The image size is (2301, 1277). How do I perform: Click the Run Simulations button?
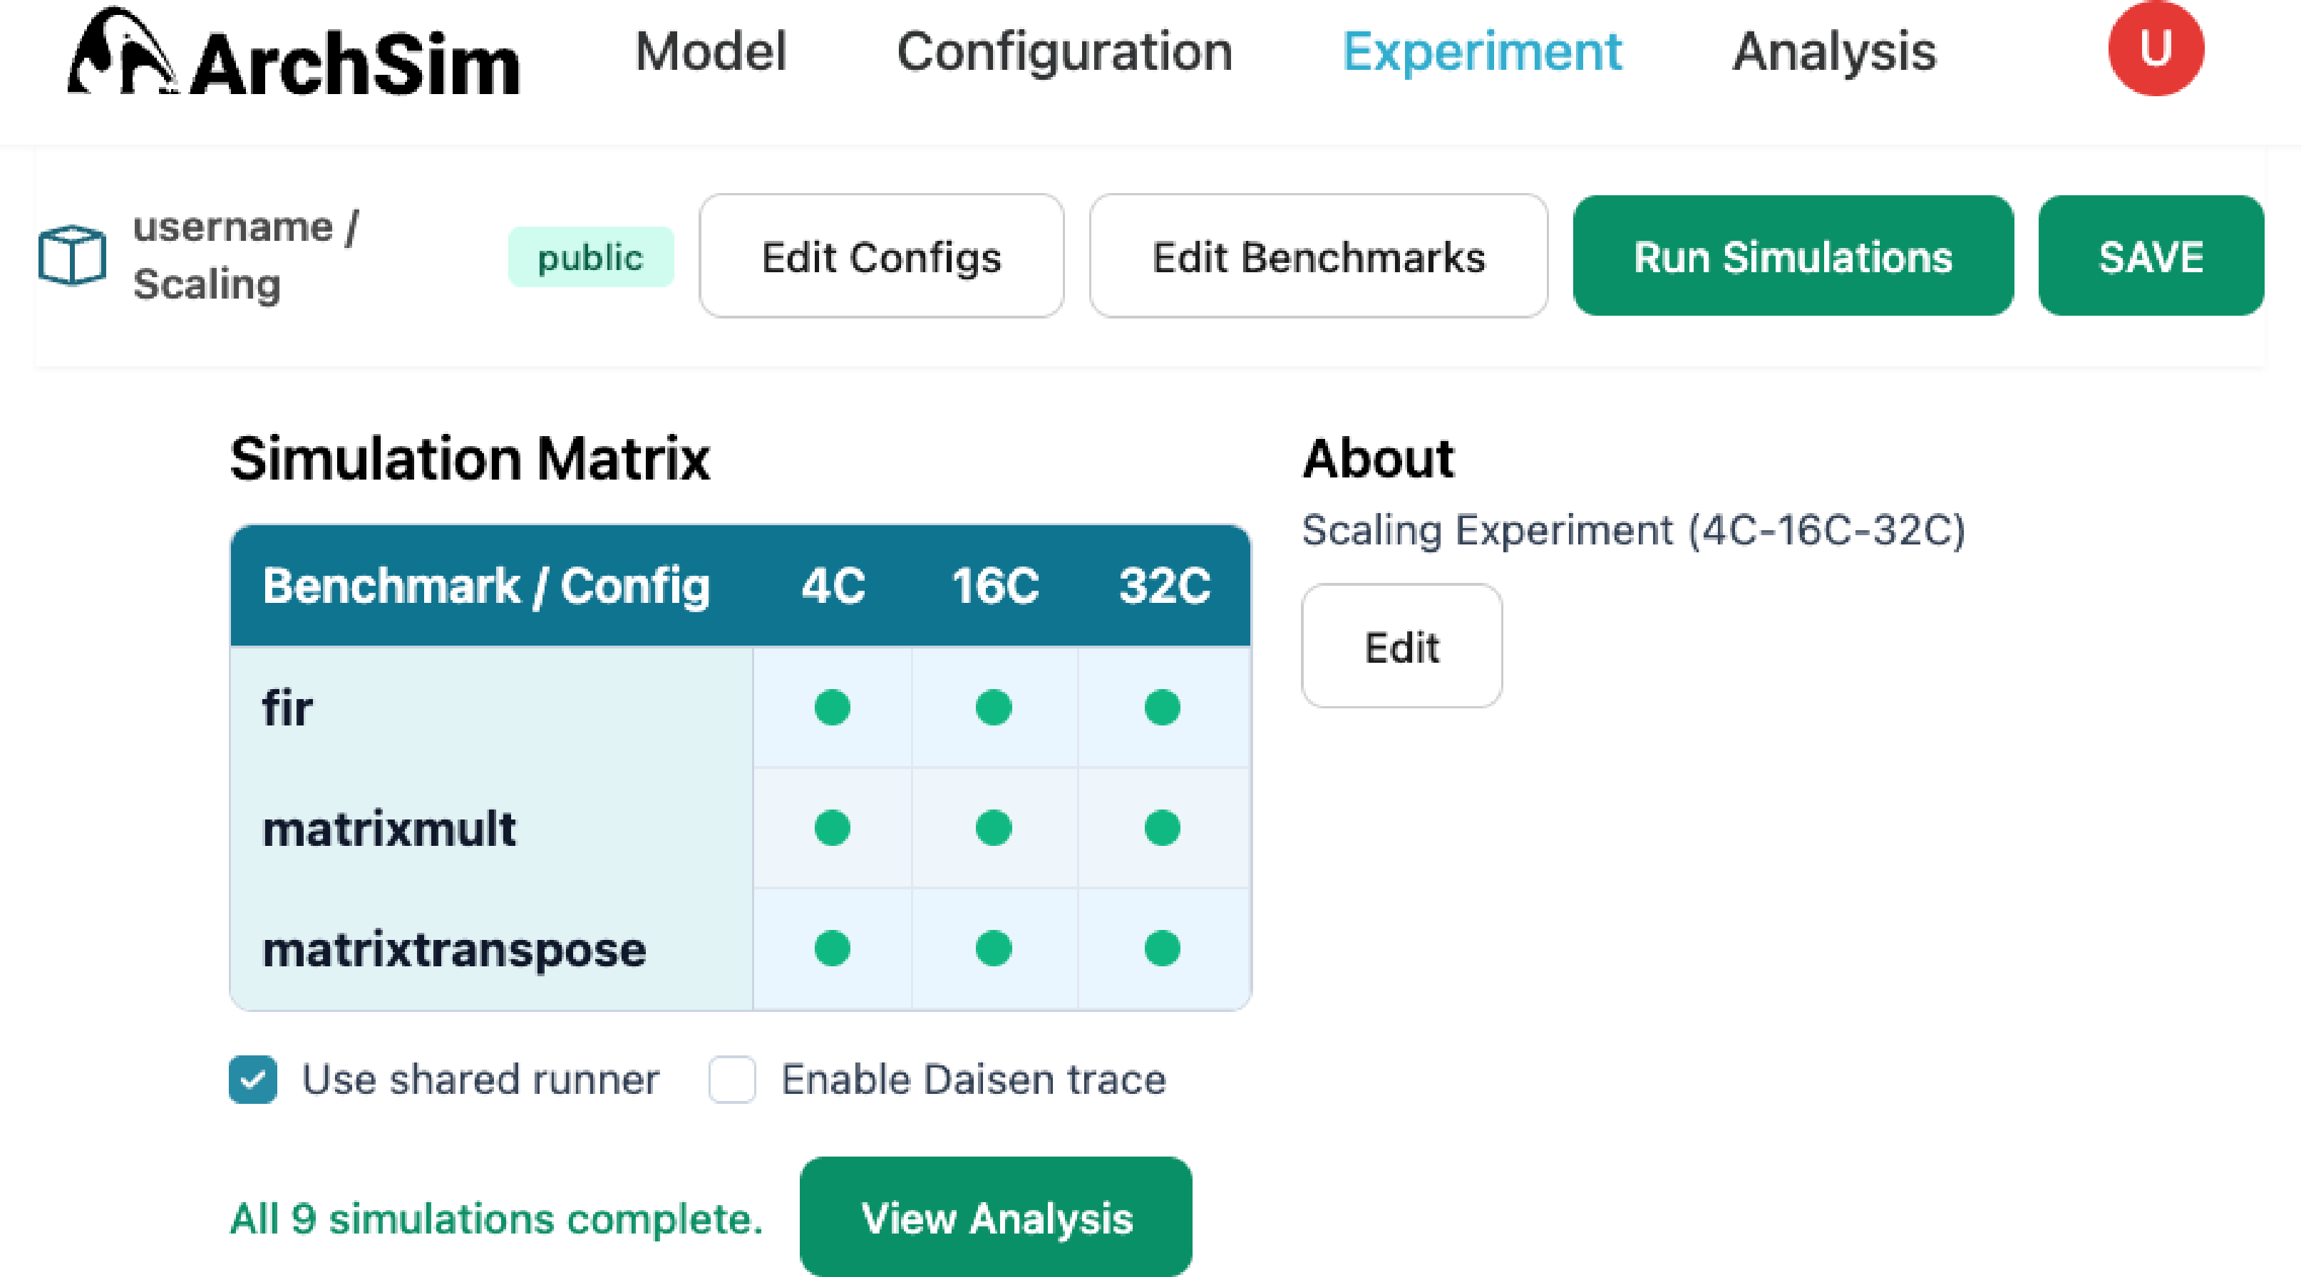1793,257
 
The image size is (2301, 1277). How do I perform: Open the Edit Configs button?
882,257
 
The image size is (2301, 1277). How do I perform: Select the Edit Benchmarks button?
1319,257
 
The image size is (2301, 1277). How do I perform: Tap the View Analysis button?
996,1217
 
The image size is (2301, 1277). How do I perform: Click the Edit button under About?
1401,646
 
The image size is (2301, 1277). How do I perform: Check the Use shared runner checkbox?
253,1080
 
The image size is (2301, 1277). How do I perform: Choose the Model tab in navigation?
711,52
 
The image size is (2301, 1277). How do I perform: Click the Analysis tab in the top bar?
1835,52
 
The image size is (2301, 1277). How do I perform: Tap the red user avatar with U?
2156,48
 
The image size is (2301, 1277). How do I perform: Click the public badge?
590,257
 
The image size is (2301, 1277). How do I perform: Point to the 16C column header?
995,586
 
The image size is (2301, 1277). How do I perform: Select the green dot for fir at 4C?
833,707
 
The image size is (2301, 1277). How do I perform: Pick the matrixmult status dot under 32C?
1162,828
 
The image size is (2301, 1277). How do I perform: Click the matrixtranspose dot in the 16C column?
993,948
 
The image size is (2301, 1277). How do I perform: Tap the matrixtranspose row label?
454,950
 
